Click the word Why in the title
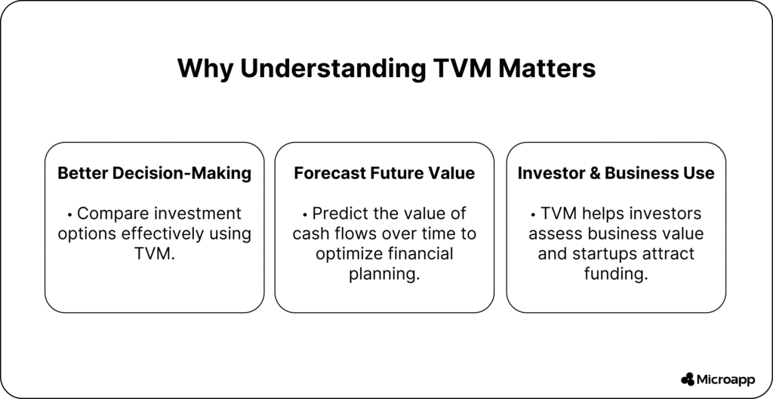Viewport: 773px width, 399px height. [x=205, y=69]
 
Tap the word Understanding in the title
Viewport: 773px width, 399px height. [x=333, y=69]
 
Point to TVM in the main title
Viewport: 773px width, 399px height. [x=462, y=68]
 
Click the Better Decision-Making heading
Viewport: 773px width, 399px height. [x=154, y=173]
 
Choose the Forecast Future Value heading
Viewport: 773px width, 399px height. [x=384, y=173]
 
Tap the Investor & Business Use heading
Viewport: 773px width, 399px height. [x=616, y=173]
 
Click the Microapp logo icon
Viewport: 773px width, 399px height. [x=687, y=379]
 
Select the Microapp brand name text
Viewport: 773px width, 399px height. [x=725, y=380]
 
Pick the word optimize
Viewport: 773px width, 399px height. [x=350, y=254]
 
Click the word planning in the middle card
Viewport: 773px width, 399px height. [x=384, y=274]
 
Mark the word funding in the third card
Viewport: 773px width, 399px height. [x=616, y=274]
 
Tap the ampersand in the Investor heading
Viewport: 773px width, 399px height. [x=596, y=174]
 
